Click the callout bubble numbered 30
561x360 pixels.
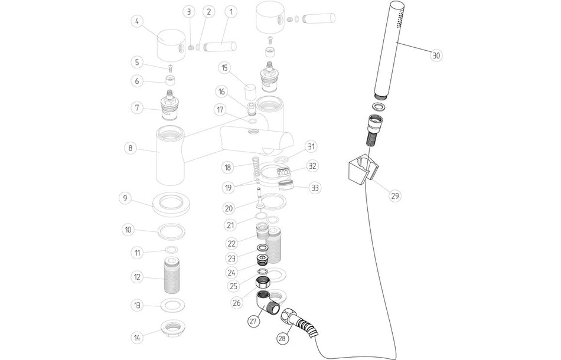coord(436,56)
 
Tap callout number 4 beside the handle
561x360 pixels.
coord(137,22)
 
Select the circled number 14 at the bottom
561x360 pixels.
coord(137,338)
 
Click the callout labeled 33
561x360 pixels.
coord(315,188)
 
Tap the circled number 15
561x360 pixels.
coord(224,67)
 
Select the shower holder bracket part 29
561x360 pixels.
coord(360,169)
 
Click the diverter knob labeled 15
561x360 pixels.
coord(250,92)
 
